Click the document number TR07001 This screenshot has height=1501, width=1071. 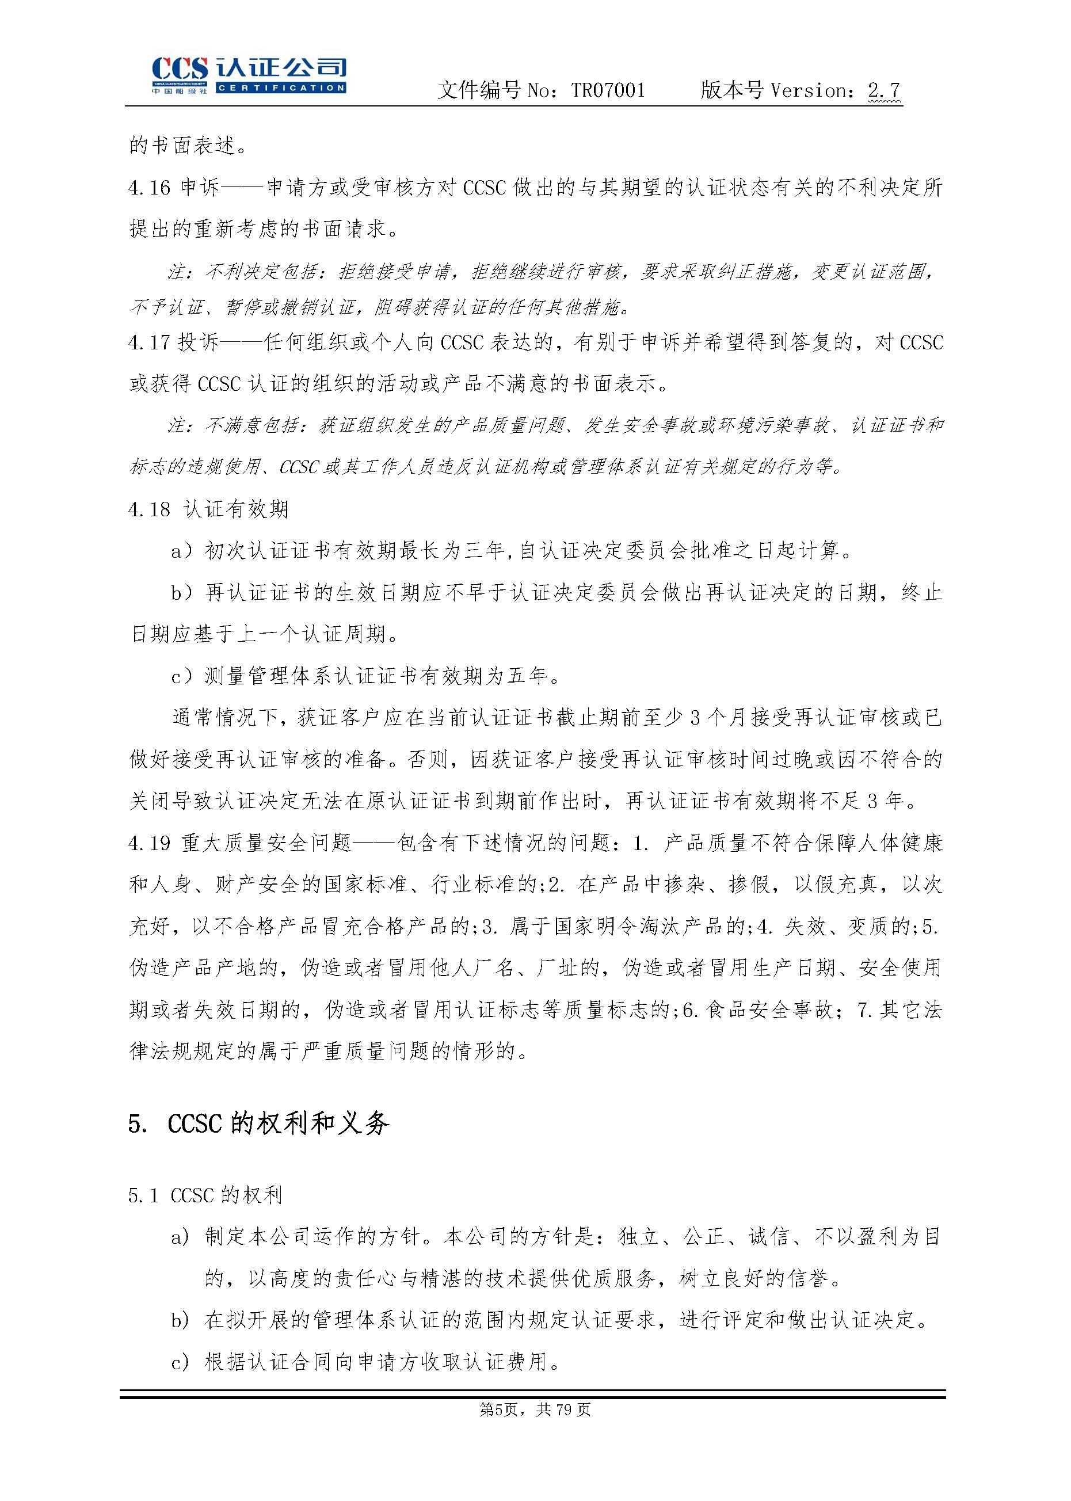click(607, 90)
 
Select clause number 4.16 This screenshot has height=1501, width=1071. click(149, 188)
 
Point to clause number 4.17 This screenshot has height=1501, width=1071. click(149, 343)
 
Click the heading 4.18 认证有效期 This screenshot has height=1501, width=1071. click(208, 509)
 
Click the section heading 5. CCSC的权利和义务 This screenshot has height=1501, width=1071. click(258, 1123)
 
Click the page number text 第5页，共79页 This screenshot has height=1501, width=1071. click(535, 1409)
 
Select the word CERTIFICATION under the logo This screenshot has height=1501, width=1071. click(281, 87)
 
